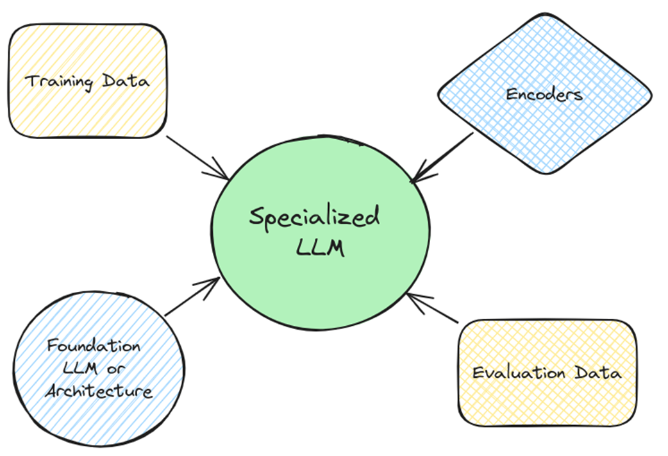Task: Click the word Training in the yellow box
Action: tap(56, 81)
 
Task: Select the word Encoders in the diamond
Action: tap(544, 95)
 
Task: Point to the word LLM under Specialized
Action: tap(320, 248)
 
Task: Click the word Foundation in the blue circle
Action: tap(94, 346)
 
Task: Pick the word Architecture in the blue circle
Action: tap(98, 391)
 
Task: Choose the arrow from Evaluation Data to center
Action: tap(433, 308)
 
